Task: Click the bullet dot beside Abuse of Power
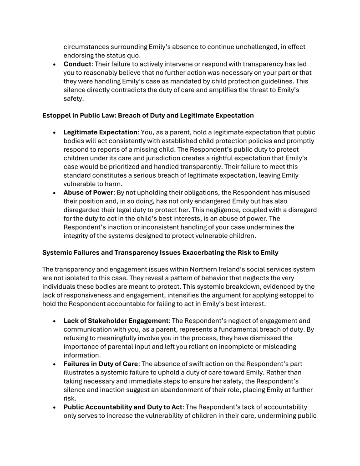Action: click(x=55, y=193)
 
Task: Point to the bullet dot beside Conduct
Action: click(x=55, y=64)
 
